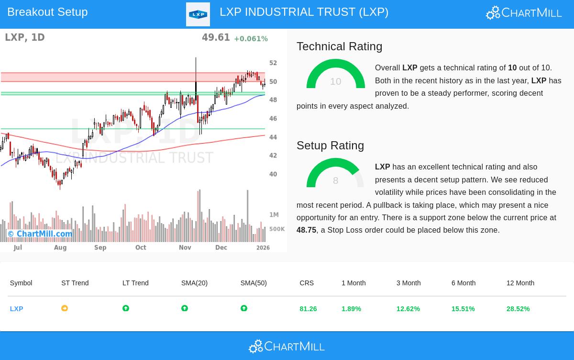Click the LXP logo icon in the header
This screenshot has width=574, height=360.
198,14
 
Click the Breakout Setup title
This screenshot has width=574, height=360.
47,12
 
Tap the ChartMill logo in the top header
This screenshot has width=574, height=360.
524,12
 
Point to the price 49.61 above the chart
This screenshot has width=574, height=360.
216,37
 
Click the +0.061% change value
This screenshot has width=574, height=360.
251,39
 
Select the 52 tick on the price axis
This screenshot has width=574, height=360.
273,63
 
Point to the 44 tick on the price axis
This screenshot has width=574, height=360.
273,137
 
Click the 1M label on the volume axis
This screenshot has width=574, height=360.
274,215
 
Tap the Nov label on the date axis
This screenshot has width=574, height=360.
185,247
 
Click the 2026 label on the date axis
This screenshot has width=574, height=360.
263,247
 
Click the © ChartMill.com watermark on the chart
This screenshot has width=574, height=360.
40,234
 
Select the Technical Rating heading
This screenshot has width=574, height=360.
339,46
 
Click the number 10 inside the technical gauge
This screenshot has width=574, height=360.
335,81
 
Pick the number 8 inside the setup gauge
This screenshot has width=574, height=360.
335,180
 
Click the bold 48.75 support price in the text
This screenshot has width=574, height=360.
306,230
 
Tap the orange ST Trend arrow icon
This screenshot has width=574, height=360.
65,309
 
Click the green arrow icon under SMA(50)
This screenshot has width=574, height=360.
244,309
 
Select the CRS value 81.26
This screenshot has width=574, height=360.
308,309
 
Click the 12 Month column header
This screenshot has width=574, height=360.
520,283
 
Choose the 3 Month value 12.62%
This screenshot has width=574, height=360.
408,309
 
